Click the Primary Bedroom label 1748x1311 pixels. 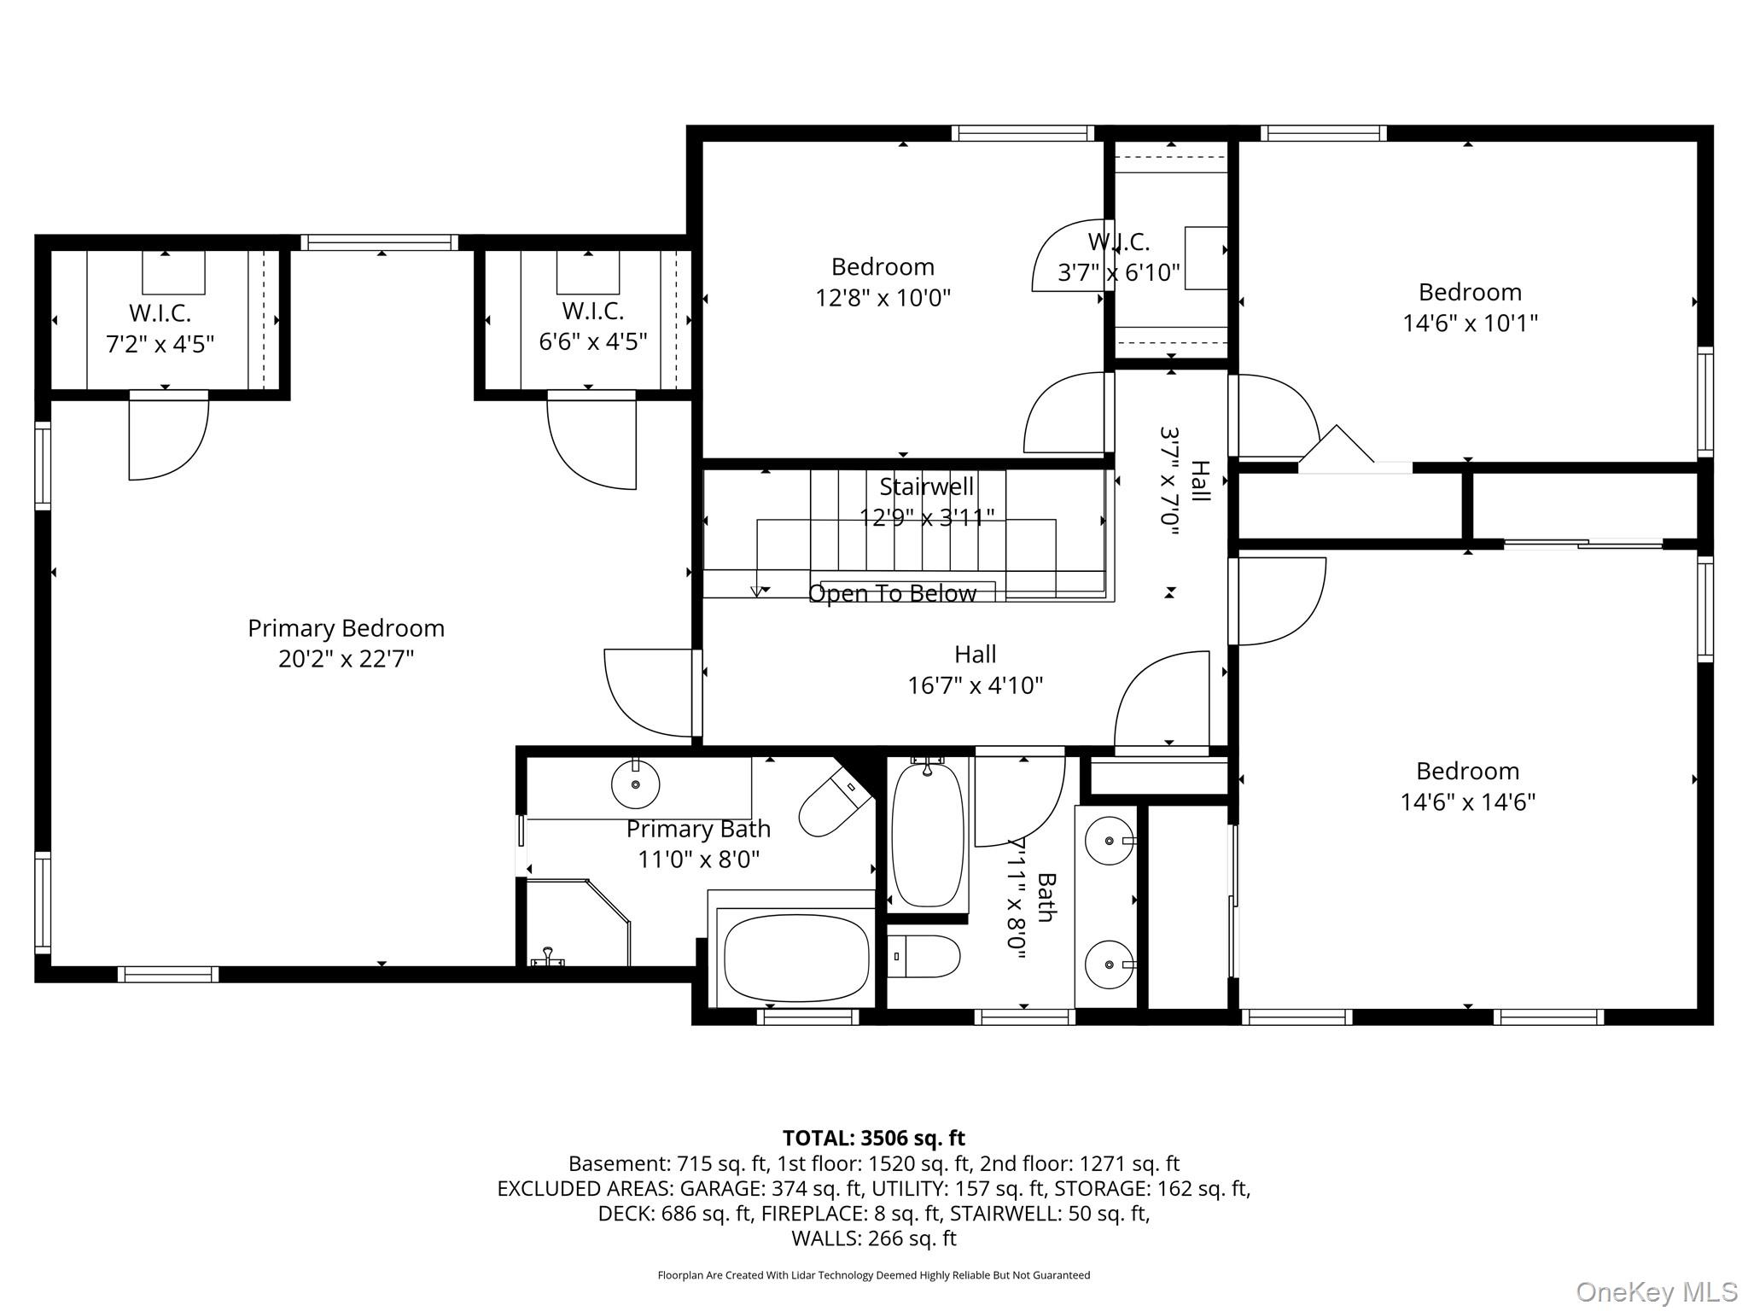pyautogui.click(x=346, y=628)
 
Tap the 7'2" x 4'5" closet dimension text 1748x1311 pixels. pyautogui.click(x=160, y=344)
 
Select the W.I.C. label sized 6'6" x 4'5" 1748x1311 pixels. pyautogui.click(x=592, y=311)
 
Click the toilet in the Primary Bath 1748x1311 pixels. pyautogui.click(x=834, y=801)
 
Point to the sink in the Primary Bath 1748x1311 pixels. pyautogui.click(x=636, y=784)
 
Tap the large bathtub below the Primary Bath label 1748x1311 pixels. pyautogui.click(x=795, y=958)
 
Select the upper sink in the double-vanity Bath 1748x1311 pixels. pyautogui.click(x=1109, y=841)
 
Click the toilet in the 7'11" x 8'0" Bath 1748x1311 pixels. pyautogui.click(x=924, y=956)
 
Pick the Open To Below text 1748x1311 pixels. pyautogui.click(x=892, y=593)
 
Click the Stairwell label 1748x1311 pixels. pyautogui.click(x=926, y=487)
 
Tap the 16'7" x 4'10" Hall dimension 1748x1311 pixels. pyautogui.click(x=975, y=685)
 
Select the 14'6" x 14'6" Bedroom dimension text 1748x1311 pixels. pyautogui.click(x=1467, y=802)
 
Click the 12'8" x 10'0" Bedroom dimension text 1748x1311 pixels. pyautogui.click(x=883, y=298)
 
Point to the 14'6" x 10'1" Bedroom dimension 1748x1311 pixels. pyautogui.click(x=1470, y=323)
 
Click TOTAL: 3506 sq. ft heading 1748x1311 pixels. pyautogui.click(x=873, y=1138)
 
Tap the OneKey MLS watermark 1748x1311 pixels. pyautogui.click(x=1657, y=1291)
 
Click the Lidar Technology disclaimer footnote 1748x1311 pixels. pyautogui.click(x=873, y=1275)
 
